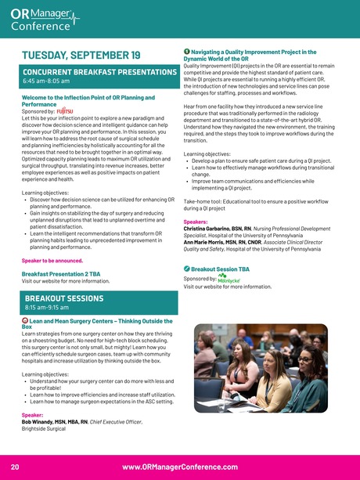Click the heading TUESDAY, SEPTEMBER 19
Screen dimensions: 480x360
81,55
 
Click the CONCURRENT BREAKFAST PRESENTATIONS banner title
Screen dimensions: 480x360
99,72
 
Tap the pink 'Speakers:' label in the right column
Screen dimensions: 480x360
195,222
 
